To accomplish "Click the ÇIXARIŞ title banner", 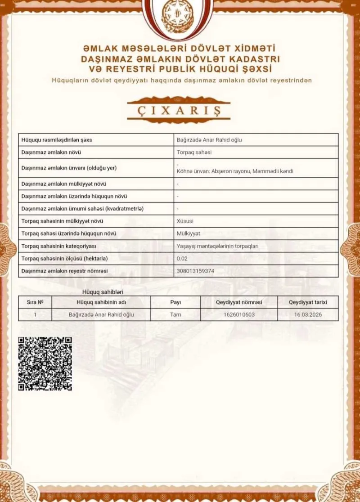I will pyautogui.click(x=179, y=109).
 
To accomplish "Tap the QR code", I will pyautogui.click(x=45, y=363).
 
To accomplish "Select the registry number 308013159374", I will pyautogui.click(x=196, y=271).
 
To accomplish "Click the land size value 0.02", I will pyautogui.click(x=182, y=259).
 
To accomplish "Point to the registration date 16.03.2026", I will pyautogui.click(x=308, y=314).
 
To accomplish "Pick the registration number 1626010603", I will pyautogui.click(x=238, y=314).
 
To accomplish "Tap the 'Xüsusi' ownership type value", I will pyautogui.click(x=185, y=221).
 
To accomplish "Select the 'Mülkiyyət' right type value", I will pyautogui.click(x=189, y=233).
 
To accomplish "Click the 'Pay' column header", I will pyautogui.click(x=175, y=302).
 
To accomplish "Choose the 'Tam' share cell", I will pyautogui.click(x=175, y=314).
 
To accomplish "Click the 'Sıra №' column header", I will pyautogui.click(x=35, y=302).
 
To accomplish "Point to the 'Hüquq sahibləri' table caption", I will pyautogui.click(x=99, y=292).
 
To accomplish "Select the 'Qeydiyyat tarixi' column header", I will pyautogui.click(x=308, y=302).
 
